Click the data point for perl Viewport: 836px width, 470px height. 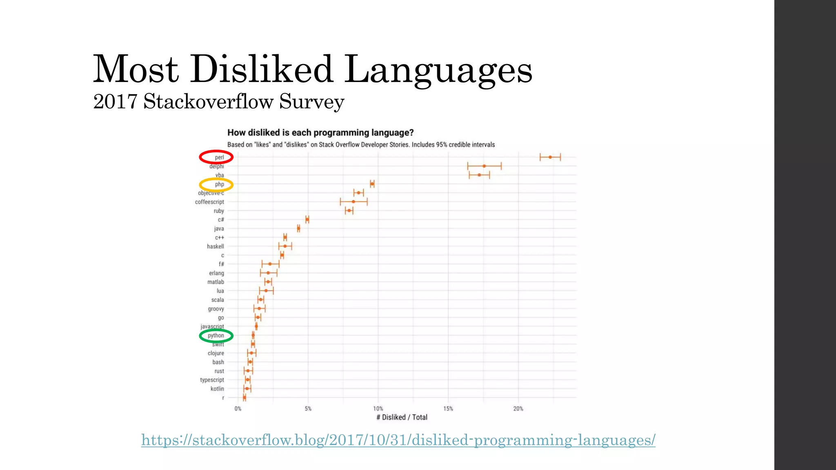point(550,157)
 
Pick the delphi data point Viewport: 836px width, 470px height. point(484,166)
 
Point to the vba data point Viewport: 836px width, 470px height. point(479,175)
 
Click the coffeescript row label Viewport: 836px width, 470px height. point(209,202)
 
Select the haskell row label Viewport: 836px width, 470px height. point(215,246)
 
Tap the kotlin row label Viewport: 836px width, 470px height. point(217,389)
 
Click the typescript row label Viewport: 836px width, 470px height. point(212,380)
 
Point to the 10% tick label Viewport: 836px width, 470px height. point(378,408)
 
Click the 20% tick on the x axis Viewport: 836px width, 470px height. point(518,408)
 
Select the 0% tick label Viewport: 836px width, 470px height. point(238,408)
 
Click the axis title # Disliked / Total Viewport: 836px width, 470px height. point(402,417)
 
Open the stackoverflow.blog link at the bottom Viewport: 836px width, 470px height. point(398,440)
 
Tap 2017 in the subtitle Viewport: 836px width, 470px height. point(115,101)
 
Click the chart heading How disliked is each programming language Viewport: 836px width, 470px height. point(320,133)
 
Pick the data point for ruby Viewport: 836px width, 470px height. point(349,211)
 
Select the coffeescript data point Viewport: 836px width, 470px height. point(353,202)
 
